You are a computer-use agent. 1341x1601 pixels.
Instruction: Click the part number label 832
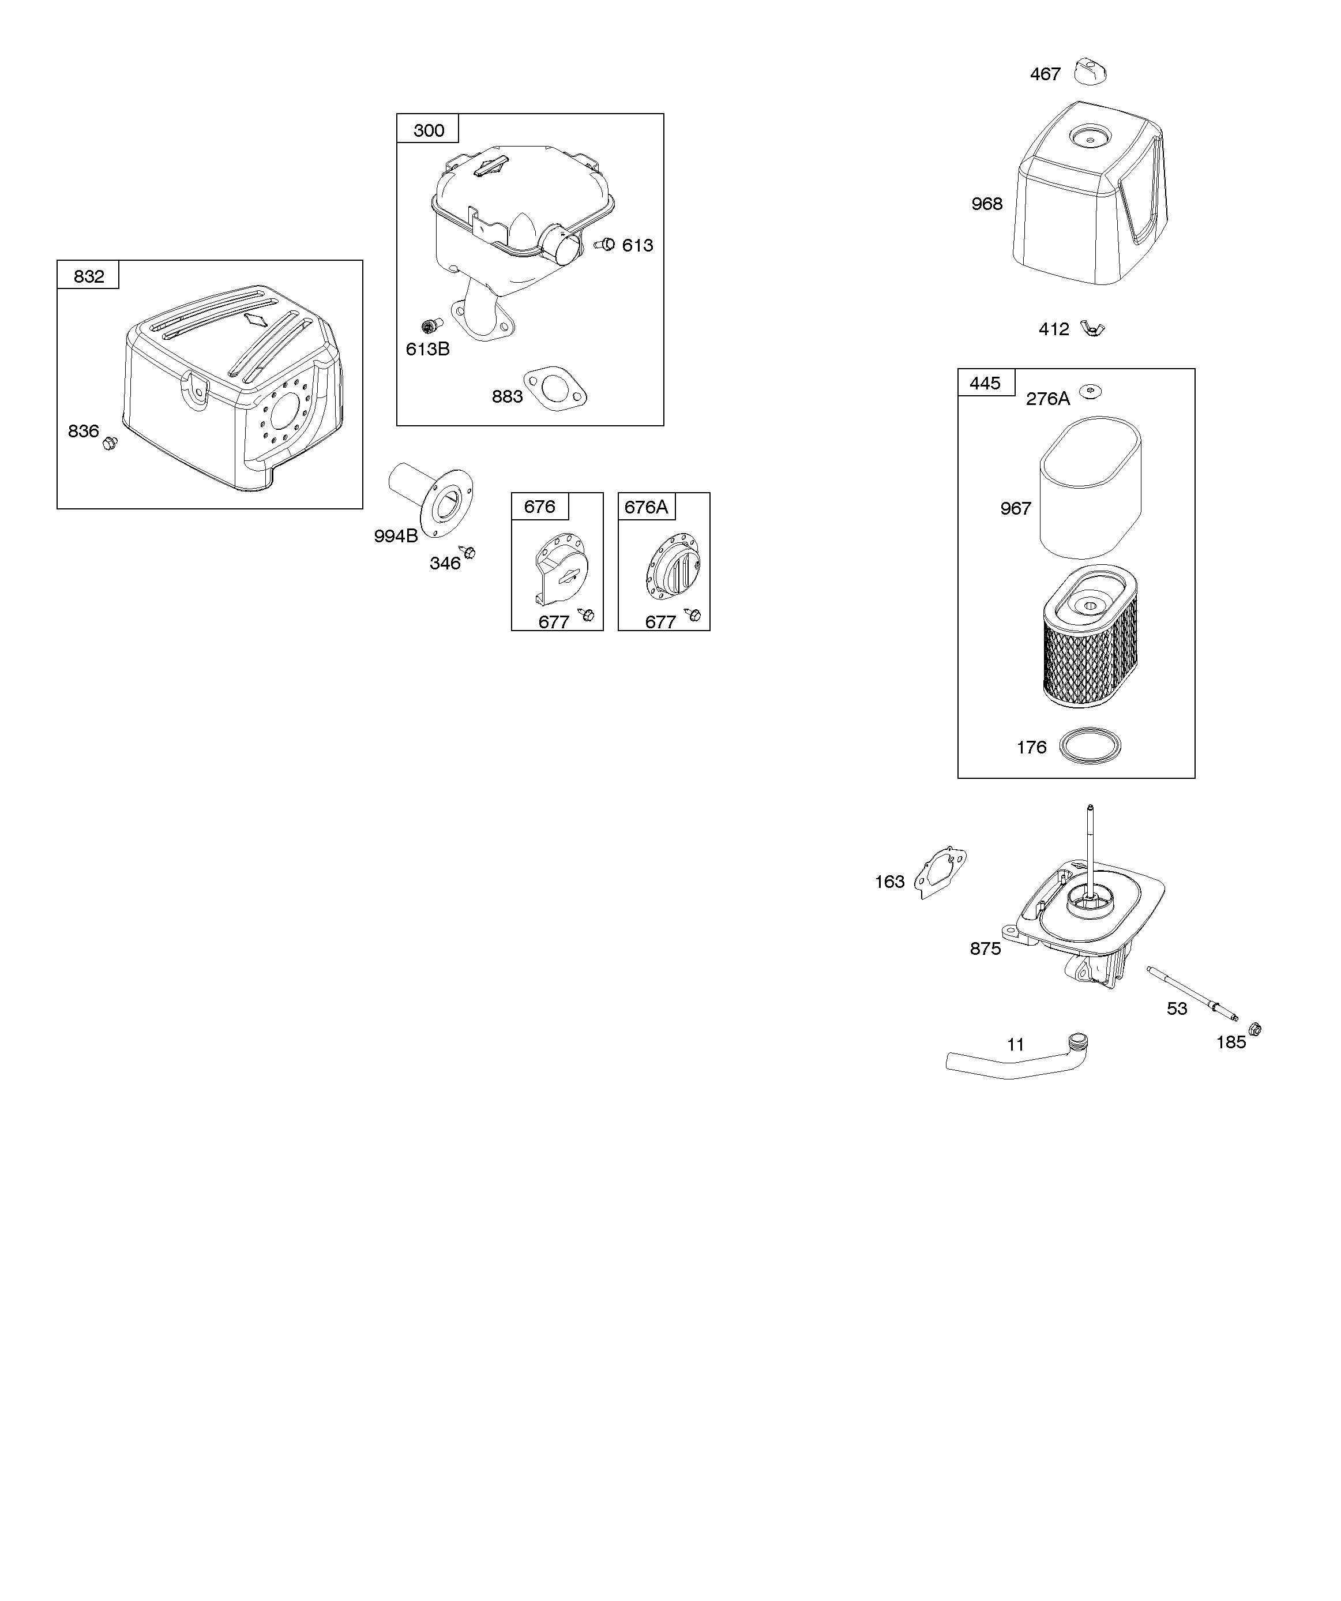pyautogui.click(x=88, y=276)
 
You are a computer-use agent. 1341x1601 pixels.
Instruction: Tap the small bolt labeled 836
pyautogui.click(x=110, y=442)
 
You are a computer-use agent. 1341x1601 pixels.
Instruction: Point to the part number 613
pyautogui.click(x=637, y=246)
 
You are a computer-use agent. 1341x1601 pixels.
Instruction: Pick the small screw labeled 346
pyautogui.click(x=468, y=552)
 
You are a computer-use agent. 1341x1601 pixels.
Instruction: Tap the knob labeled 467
pyautogui.click(x=1090, y=73)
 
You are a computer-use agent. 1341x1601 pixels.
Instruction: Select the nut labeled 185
pyautogui.click(x=1256, y=1030)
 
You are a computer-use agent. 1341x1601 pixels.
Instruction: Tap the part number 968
pyautogui.click(x=986, y=204)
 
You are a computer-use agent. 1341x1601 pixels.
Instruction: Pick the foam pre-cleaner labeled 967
pyautogui.click(x=1090, y=488)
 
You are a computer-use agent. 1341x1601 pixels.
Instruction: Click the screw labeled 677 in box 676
pyautogui.click(x=586, y=614)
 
